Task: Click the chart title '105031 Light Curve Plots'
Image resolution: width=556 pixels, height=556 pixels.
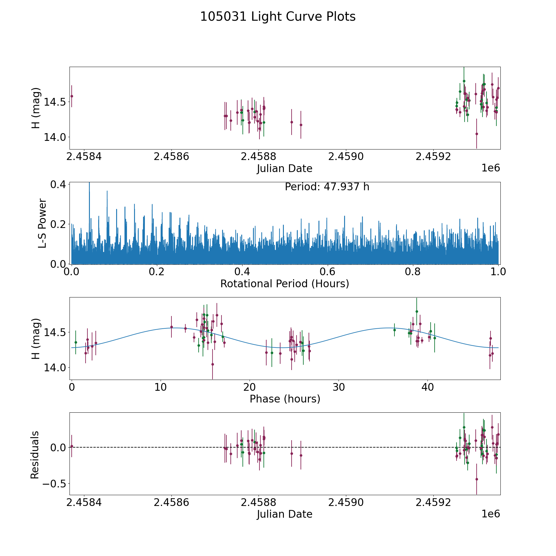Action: (x=278, y=17)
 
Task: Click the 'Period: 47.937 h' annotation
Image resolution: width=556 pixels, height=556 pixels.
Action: (x=327, y=187)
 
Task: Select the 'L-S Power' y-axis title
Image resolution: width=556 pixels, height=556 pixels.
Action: (x=42, y=223)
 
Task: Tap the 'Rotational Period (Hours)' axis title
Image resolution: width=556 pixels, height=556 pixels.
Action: (x=284, y=284)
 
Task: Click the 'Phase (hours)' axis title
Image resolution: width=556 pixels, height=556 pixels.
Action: (x=285, y=399)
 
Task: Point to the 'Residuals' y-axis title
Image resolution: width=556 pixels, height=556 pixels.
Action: (x=35, y=455)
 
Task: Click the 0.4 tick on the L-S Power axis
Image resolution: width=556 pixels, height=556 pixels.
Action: (x=58, y=184)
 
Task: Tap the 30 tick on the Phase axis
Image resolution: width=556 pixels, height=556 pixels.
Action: (x=339, y=387)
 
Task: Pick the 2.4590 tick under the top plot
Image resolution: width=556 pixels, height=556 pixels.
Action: (x=346, y=157)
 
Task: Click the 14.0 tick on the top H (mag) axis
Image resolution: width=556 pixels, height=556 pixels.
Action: (x=54, y=137)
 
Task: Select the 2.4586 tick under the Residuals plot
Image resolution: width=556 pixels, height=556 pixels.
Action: (x=171, y=503)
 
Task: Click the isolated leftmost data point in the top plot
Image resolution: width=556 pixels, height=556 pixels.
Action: (x=72, y=96)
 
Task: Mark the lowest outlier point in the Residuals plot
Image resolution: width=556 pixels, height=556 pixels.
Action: (x=477, y=479)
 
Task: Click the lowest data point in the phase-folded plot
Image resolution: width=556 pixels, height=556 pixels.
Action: (x=213, y=364)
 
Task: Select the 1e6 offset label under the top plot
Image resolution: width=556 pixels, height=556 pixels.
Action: (x=491, y=168)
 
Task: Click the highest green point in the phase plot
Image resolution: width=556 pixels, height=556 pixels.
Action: (x=417, y=311)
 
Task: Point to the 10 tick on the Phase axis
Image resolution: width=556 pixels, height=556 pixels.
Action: (x=161, y=387)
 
